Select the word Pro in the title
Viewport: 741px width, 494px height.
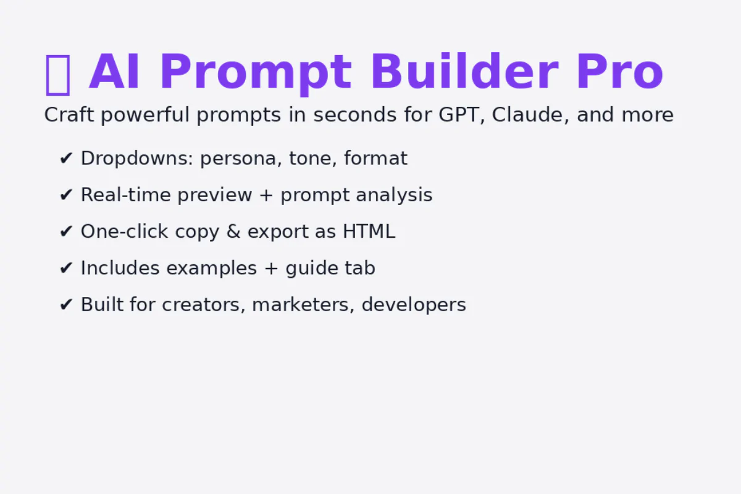coord(619,73)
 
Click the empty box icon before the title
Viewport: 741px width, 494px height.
coord(58,73)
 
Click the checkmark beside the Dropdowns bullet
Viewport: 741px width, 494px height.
coord(66,159)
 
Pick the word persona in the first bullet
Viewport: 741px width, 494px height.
coord(241,159)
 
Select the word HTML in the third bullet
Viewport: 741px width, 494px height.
coord(369,232)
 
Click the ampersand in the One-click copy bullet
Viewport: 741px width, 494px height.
coord(233,232)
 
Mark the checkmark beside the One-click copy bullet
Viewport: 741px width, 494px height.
coord(66,232)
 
